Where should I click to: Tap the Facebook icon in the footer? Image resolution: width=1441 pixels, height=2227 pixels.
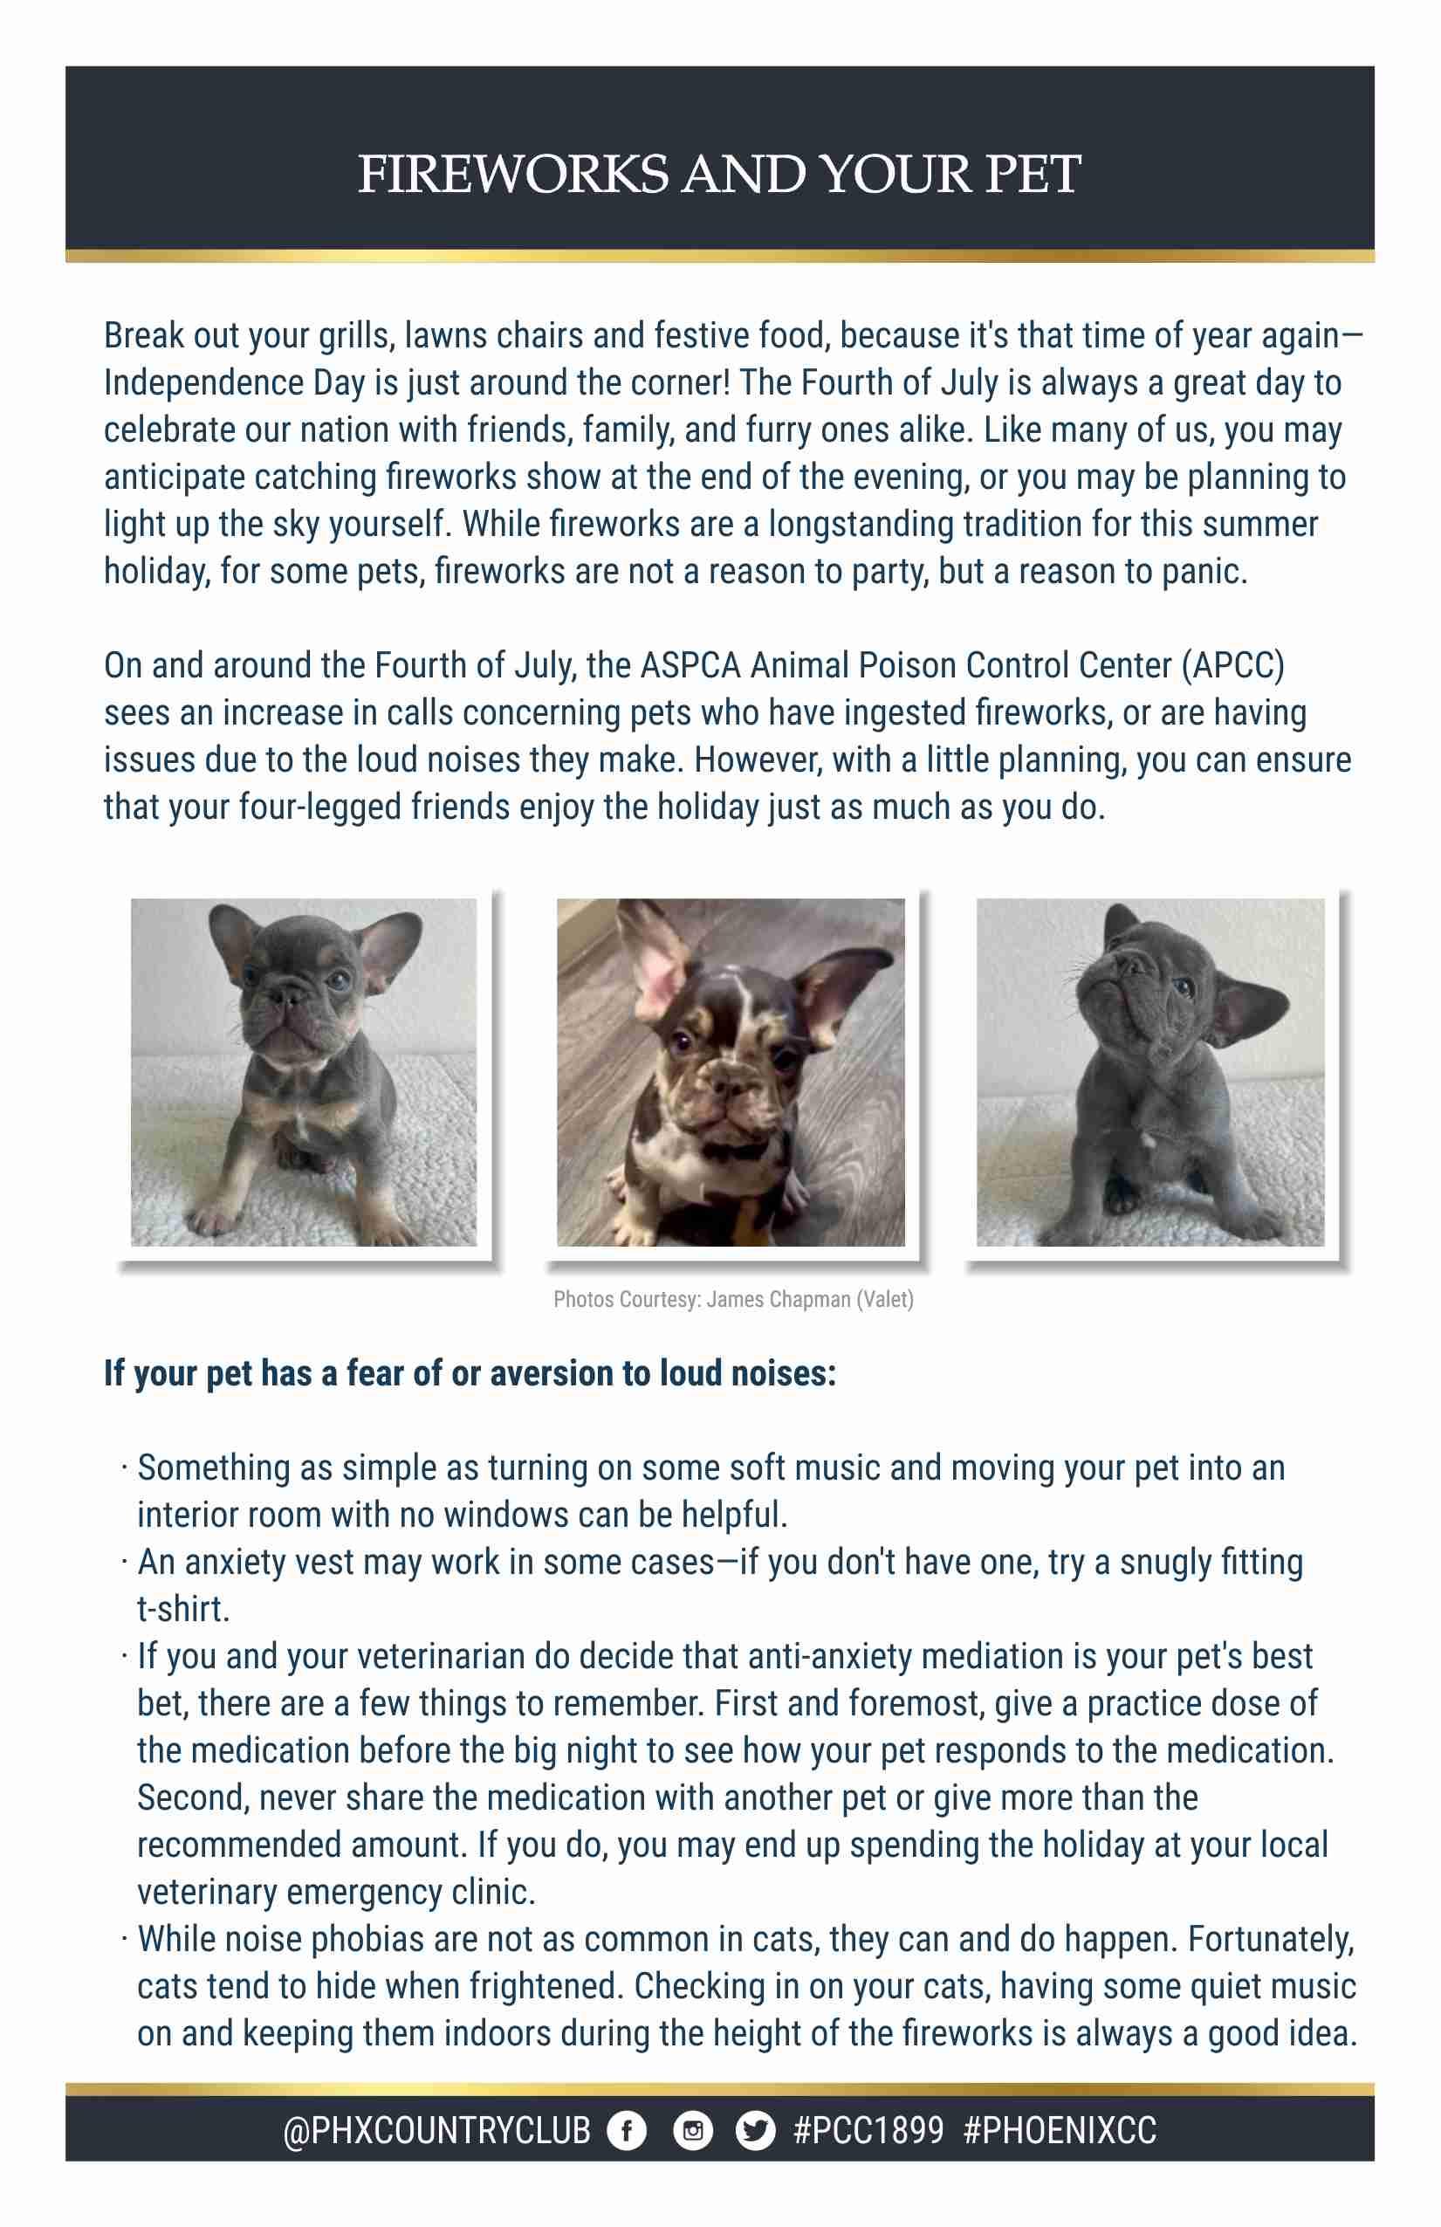[x=627, y=2131]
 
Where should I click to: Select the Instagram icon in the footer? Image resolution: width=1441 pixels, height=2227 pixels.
[x=692, y=2131]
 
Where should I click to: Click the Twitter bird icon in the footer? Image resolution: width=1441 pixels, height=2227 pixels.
[x=755, y=2131]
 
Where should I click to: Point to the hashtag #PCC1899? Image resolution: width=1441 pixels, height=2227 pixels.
[x=868, y=2131]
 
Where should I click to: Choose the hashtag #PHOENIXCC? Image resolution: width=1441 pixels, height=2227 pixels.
[x=1060, y=2131]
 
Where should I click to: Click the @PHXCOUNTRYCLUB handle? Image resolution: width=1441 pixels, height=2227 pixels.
[x=437, y=2131]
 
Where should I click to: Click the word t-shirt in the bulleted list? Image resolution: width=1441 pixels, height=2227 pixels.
[x=182, y=1609]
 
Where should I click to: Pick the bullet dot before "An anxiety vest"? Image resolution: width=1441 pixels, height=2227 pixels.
[x=124, y=1562]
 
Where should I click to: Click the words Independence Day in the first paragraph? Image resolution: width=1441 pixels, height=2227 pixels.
[x=205, y=382]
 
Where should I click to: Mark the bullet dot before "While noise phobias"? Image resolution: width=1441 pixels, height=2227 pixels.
[x=124, y=1939]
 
